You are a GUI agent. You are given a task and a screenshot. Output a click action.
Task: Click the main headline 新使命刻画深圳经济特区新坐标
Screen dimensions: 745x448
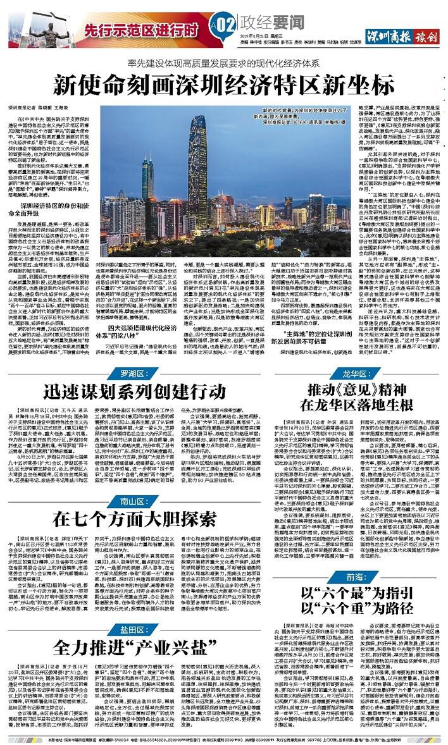tap(224, 83)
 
